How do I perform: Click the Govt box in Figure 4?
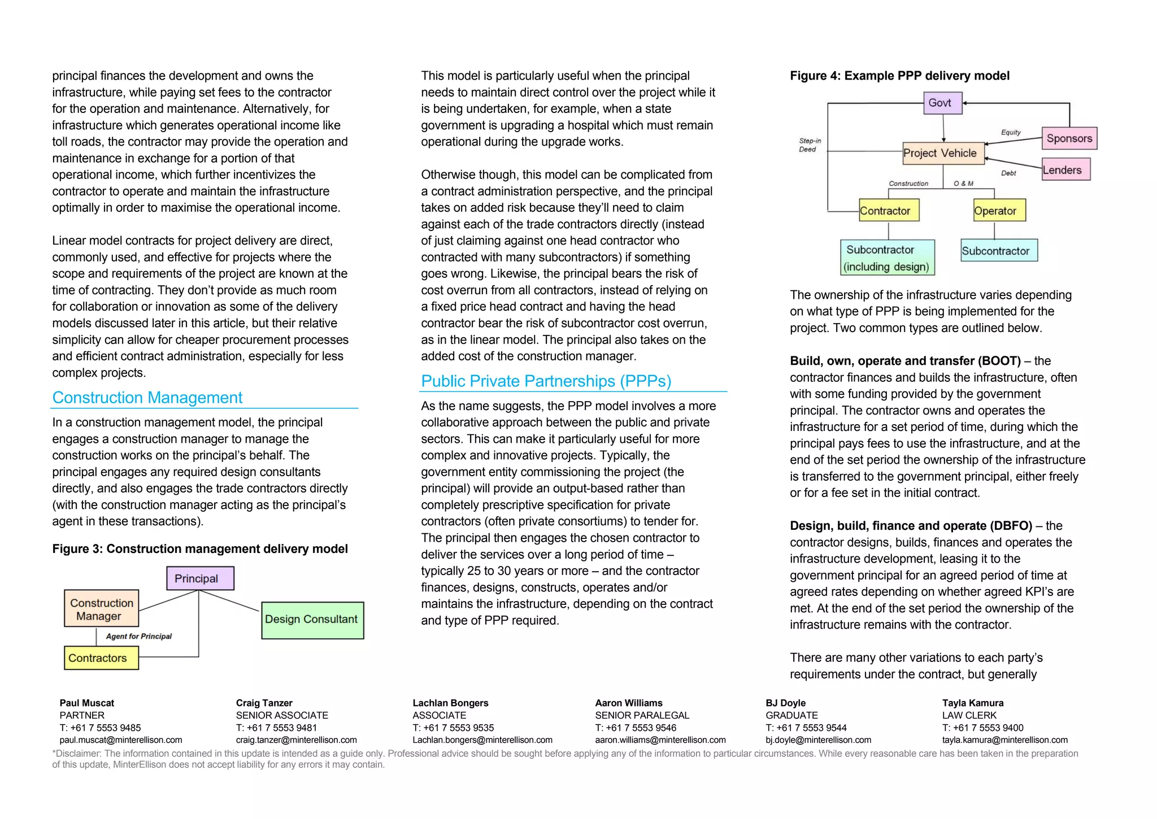(942, 103)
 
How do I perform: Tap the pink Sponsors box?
(1069, 138)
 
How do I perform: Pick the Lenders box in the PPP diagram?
(1065, 169)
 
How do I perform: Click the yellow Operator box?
(999, 211)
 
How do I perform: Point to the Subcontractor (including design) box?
(887, 258)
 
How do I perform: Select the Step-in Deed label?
(810, 145)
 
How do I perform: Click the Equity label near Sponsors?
(1011, 132)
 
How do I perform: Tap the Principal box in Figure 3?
(200, 578)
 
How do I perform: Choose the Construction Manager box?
(102, 609)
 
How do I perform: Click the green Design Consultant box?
(312, 620)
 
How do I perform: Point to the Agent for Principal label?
(138, 637)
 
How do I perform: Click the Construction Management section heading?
(147, 398)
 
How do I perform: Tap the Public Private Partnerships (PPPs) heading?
(546, 381)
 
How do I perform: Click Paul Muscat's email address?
(121, 740)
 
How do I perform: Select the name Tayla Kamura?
(972, 703)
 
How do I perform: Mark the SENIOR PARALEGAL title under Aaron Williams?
(642, 716)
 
